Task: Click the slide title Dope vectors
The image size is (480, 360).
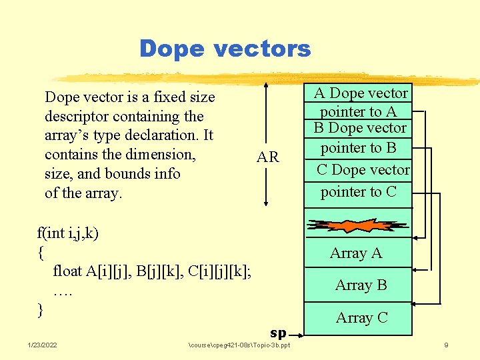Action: [x=225, y=48]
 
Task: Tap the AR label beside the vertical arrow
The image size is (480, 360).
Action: [x=268, y=158]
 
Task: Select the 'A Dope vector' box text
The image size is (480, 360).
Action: [x=361, y=93]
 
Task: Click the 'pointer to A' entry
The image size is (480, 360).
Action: [x=358, y=111]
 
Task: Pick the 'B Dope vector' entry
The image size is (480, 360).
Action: [x=360, y=128]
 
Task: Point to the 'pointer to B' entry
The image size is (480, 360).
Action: [x=358, y=147]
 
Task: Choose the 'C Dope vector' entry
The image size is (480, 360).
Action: [x=363, y=170]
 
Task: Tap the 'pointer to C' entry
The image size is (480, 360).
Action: [x=358, y=192]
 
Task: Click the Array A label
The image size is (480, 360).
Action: [x=356, y=253]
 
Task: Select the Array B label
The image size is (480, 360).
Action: [x=361, y=285]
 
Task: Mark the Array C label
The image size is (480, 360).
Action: [x=361, y=318]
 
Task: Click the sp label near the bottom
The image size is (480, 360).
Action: [x=278, y=333]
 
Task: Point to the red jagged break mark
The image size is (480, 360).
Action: [x=357, y=225]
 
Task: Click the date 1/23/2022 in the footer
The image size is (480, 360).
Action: [x=42, y=345]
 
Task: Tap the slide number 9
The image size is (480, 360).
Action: [x=446, y=345]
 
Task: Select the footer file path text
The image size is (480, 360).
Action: [x=239, y=345]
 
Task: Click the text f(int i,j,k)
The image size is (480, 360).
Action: [x=68, y=233]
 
